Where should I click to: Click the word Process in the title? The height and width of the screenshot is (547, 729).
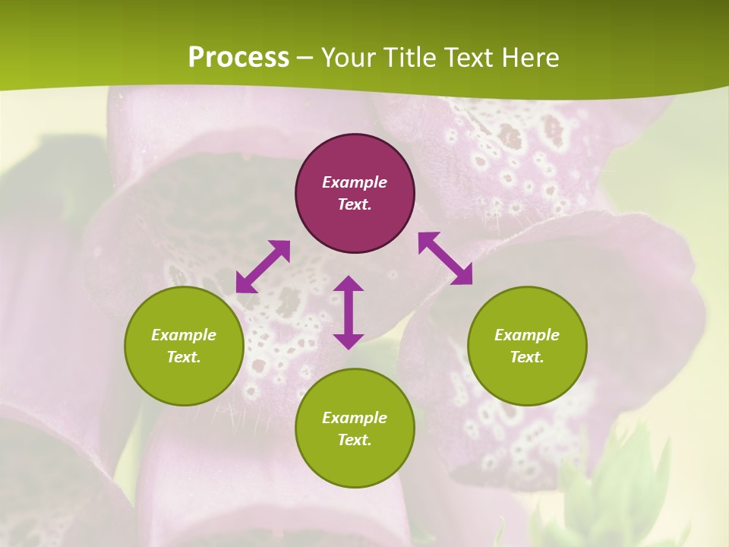pyautogui.click(x=238, y=58)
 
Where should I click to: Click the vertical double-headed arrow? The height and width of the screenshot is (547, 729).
pyautogui.click(x=349, y=312)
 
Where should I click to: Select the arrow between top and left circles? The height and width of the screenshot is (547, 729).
pyautogui.click(x=263, y=266)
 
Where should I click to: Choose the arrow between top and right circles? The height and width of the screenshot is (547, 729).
pyautogui.click(x=446, y=258)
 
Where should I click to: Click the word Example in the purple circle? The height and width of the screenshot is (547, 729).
pyautogui.click(x=355, y=182)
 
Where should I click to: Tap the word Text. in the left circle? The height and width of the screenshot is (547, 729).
pyautogui.click(x=184, y=357)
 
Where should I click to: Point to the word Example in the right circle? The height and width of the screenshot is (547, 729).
pyautogui.click(x=527, y=335)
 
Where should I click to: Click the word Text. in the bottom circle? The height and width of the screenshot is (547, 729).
pyautogui.click(x=355, y=440)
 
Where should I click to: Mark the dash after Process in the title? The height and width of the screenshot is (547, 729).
pyautogui.click(x=305, y=58)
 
